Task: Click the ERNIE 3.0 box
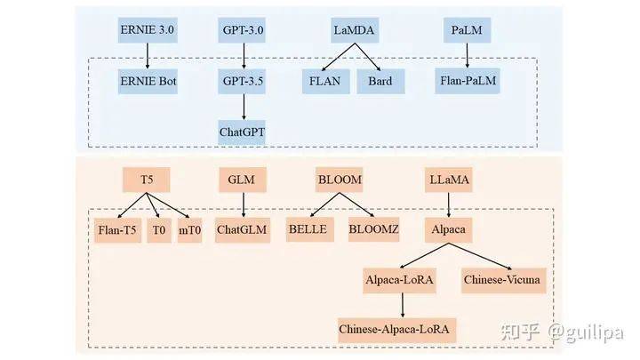click(x=148, y=30)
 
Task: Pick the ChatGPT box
click(x=243, y=132)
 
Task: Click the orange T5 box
click(x=148, y=179)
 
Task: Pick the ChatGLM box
click(x=243, y=229)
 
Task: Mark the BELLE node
click(x=308, y=229)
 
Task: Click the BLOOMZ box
click(x=374, y=229)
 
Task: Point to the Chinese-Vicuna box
click(x=502, y=280)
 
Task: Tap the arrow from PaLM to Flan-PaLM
click(x=468, y=55)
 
